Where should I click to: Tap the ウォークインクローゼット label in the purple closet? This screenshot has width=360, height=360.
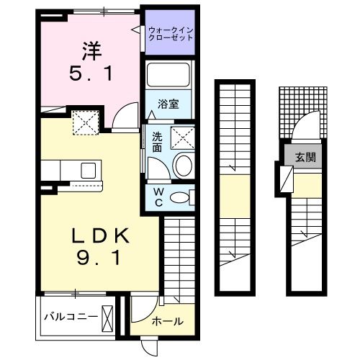click(x=171, y=33)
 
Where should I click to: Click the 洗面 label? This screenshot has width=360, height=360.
click(x=156, y=140)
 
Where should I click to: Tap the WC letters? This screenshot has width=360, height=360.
click(x=158, y=197)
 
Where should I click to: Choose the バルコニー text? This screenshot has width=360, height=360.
click(x=68, y=316)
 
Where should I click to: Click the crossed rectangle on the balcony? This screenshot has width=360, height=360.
click(x=109, y=316)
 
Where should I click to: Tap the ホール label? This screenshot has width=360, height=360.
click(x=167, y=321)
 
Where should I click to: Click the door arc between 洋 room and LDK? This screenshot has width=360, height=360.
click(x=125, y=114)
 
